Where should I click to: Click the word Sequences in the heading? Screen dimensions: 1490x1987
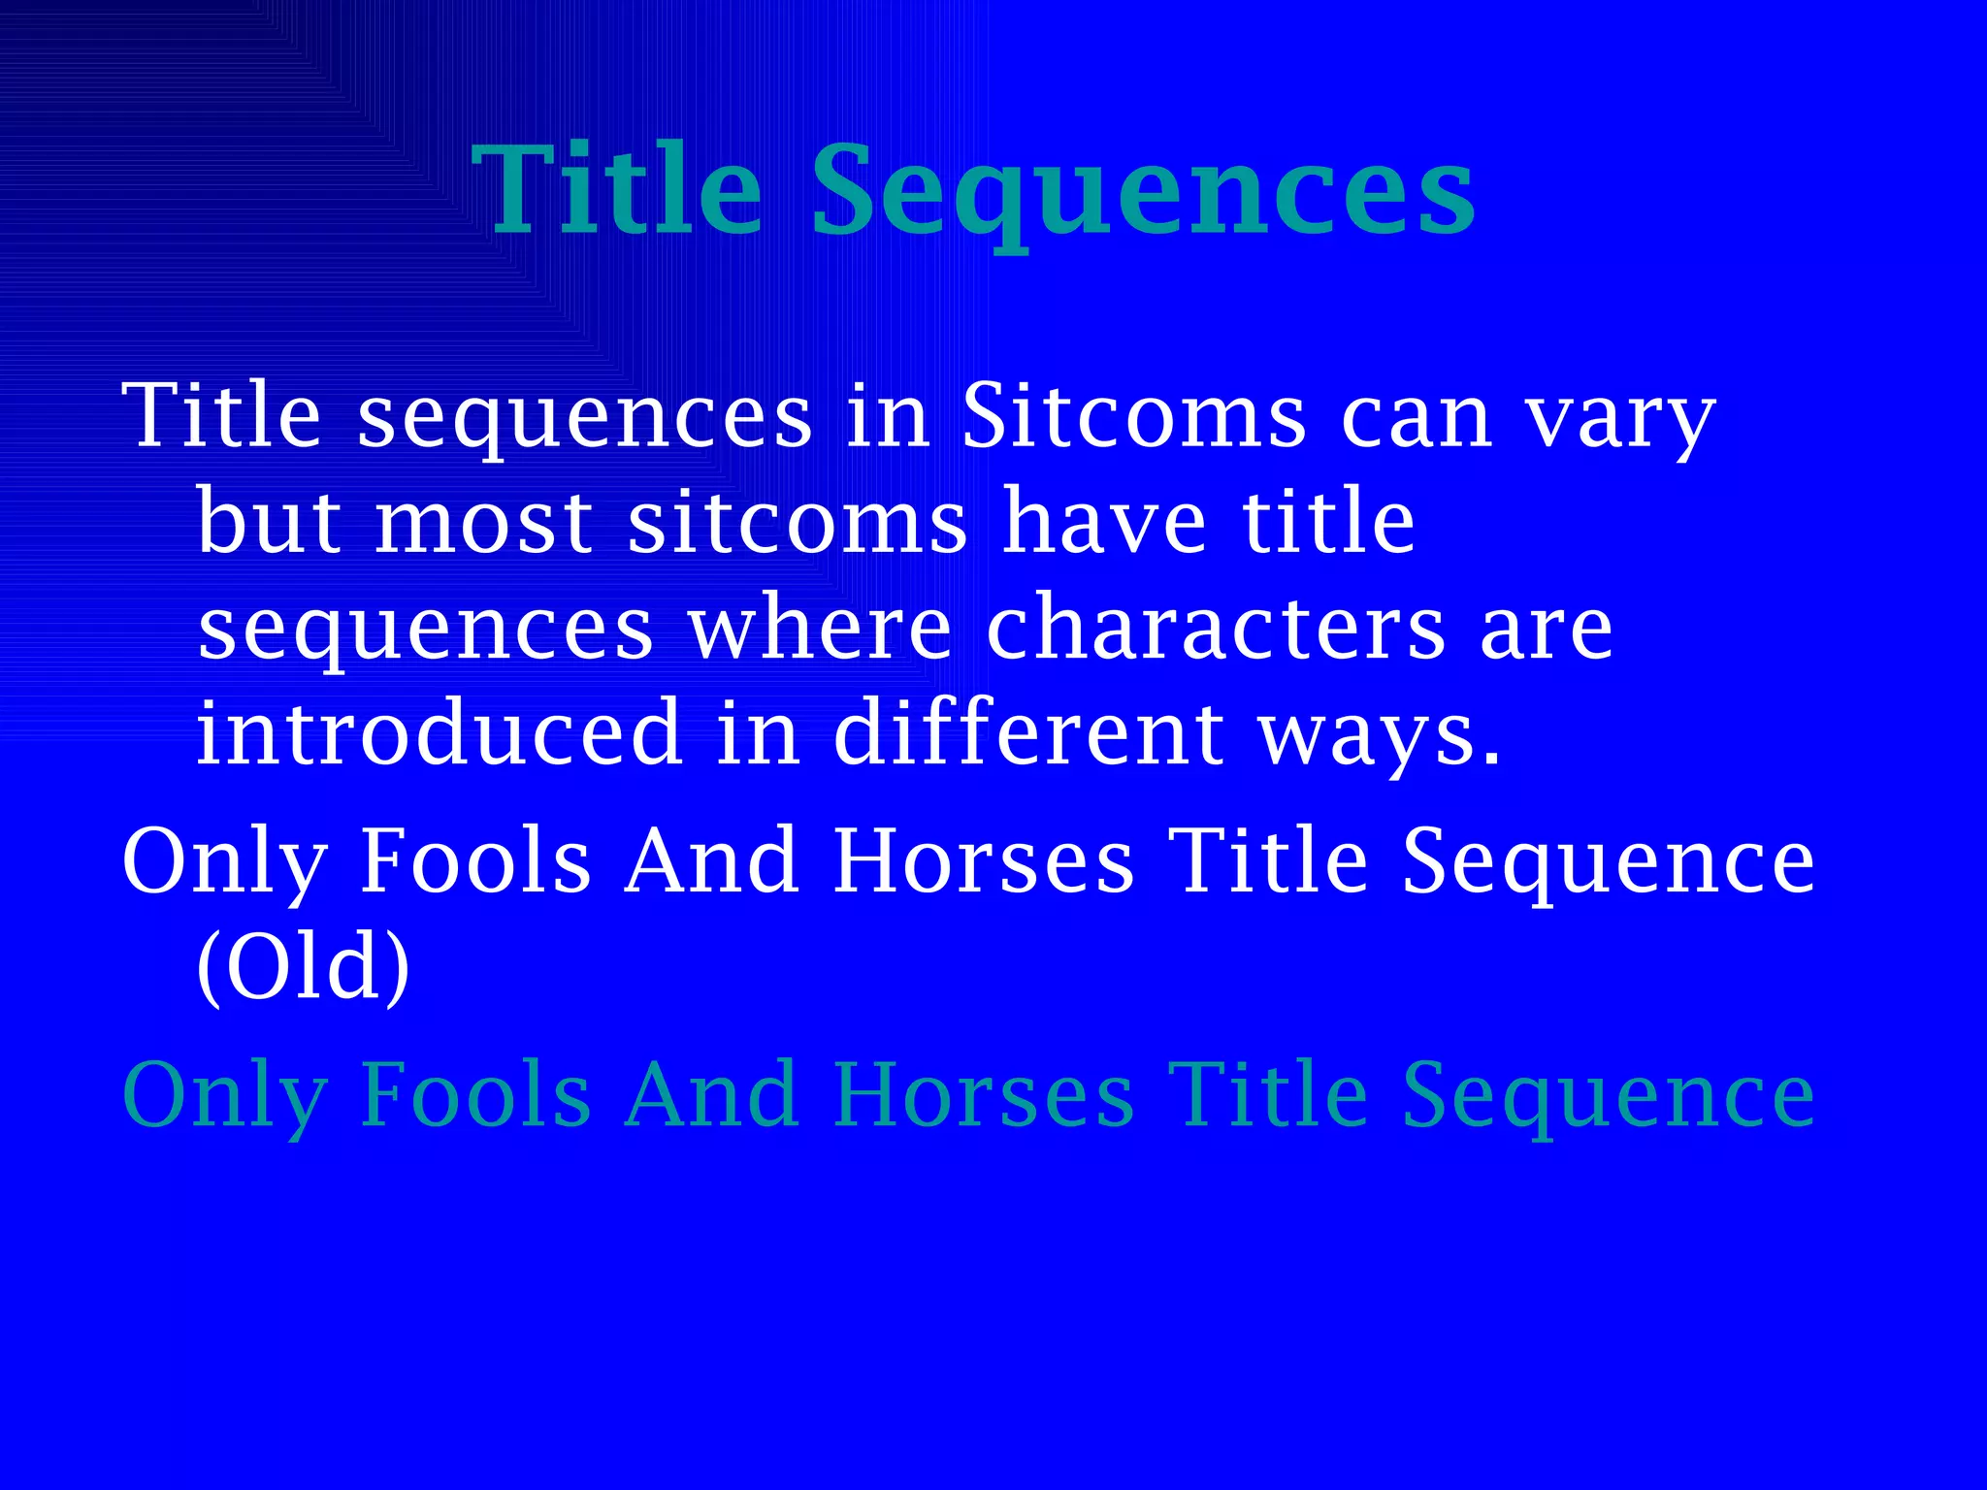(x=1142, y=191)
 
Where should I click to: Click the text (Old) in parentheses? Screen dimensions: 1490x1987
(x=304, y=966)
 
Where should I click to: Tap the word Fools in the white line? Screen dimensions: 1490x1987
(x=475, y=861)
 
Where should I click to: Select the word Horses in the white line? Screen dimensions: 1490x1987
(x=983, y=861)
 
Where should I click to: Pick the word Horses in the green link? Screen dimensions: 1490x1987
(x=983, y=1095)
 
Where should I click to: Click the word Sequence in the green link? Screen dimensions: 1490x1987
(x=1608, y=1097)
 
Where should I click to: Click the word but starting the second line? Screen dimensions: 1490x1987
(x=269, y=524)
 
